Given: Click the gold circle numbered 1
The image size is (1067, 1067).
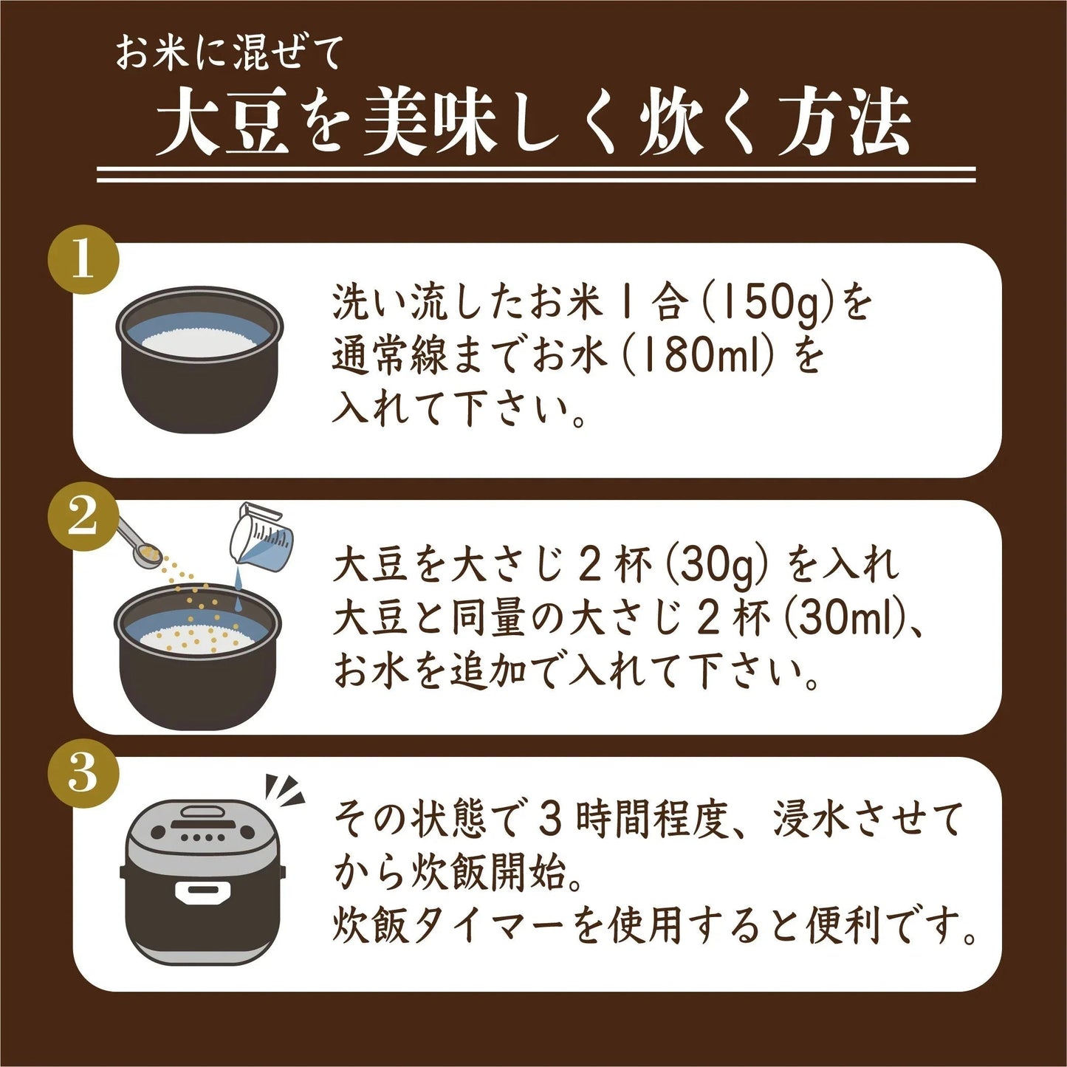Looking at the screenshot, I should point(83,260).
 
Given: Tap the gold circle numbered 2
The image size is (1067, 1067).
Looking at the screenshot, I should point(83,517).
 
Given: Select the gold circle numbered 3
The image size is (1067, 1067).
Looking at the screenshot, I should point(83,774).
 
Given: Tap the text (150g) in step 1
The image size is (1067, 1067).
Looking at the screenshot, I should point(772,303).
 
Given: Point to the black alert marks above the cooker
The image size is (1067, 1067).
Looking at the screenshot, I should point(285,790).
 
